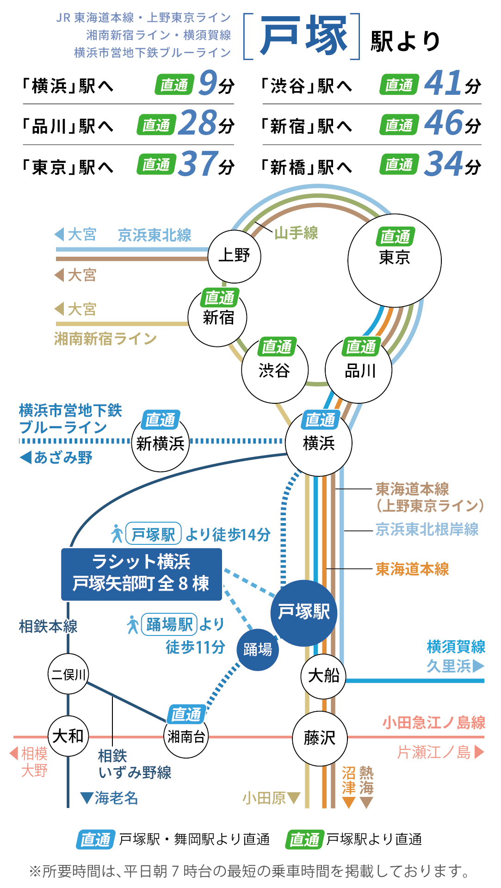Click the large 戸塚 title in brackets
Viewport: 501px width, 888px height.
point(303,36)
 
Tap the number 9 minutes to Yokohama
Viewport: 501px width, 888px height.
point(208,84)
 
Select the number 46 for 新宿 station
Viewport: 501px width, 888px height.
point(443,123)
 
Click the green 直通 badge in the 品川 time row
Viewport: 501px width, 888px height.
point(156,125)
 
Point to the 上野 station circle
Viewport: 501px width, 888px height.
point(234,256)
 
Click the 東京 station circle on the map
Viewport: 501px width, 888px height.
point(394,260)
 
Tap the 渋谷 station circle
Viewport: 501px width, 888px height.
point(274,370)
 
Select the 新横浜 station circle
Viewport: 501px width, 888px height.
point(160,443)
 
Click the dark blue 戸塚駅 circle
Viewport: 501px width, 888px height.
point(304,612)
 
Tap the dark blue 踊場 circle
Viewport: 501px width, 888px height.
point(258,649)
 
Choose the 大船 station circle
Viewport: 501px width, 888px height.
point(323,676)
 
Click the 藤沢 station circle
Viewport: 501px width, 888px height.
point(320,738)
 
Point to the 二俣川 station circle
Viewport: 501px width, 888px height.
point(68,674)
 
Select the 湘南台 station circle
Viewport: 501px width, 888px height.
point(186,736)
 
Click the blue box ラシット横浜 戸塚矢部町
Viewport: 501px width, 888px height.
point(142,574)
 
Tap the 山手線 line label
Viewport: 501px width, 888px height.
point(296,233)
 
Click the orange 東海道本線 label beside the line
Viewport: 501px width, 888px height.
point(412,569)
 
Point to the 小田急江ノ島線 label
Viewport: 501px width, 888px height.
point(433,722)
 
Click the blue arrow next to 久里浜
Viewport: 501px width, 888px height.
point(478,666)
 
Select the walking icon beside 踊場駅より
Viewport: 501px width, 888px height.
point(133,624)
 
